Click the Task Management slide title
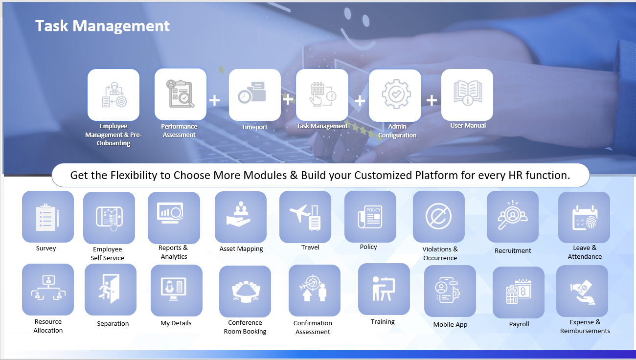pyautogui.click(x=103, y=26)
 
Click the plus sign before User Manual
pyautogui.click(x=432, y=100)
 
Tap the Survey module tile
pyautogui.click(x=48, y=217)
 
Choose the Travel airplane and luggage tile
pyautogui.click(x=305, y=217)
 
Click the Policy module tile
pyautogui.click(x=370, y=217)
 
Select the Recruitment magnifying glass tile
pyautogui.click(x=513, y=217)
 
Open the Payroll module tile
pyautogui.click(x=519, y=292)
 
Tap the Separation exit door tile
pyautogui.click(x=111, y=290)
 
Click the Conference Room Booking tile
pyautogui.click(x=245, y=292)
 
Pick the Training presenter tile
pyautogui.click(x=384, y=289)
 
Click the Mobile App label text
pyautogui.click(x=450, y=324)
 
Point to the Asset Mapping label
pyautogui.click(x=241, y=248)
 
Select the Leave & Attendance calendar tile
pyautogui.click(x=584, y=218)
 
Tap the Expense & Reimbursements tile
pyautogui.click(x=582, y=291)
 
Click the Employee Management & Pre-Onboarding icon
pyautogui.click(x=114, y=95)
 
